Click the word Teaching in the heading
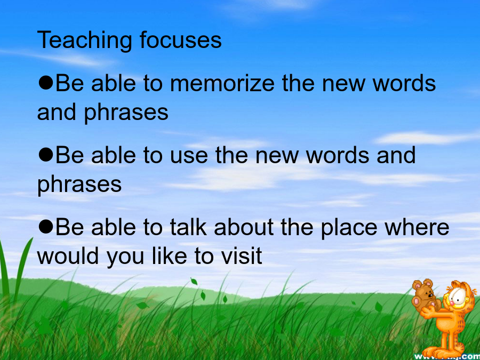(x=85, y=41)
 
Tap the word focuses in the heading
(x=180, y=39)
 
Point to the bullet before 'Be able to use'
(x=46, y=155)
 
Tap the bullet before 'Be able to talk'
(x=46, y=227)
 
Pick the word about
(x=244, y=227)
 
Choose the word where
(x=417, y=227)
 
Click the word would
(x=68, y=255)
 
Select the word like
(x=169, y=255)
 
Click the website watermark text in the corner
(x=447, y=356)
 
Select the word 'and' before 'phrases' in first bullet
(x=57, y=112)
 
